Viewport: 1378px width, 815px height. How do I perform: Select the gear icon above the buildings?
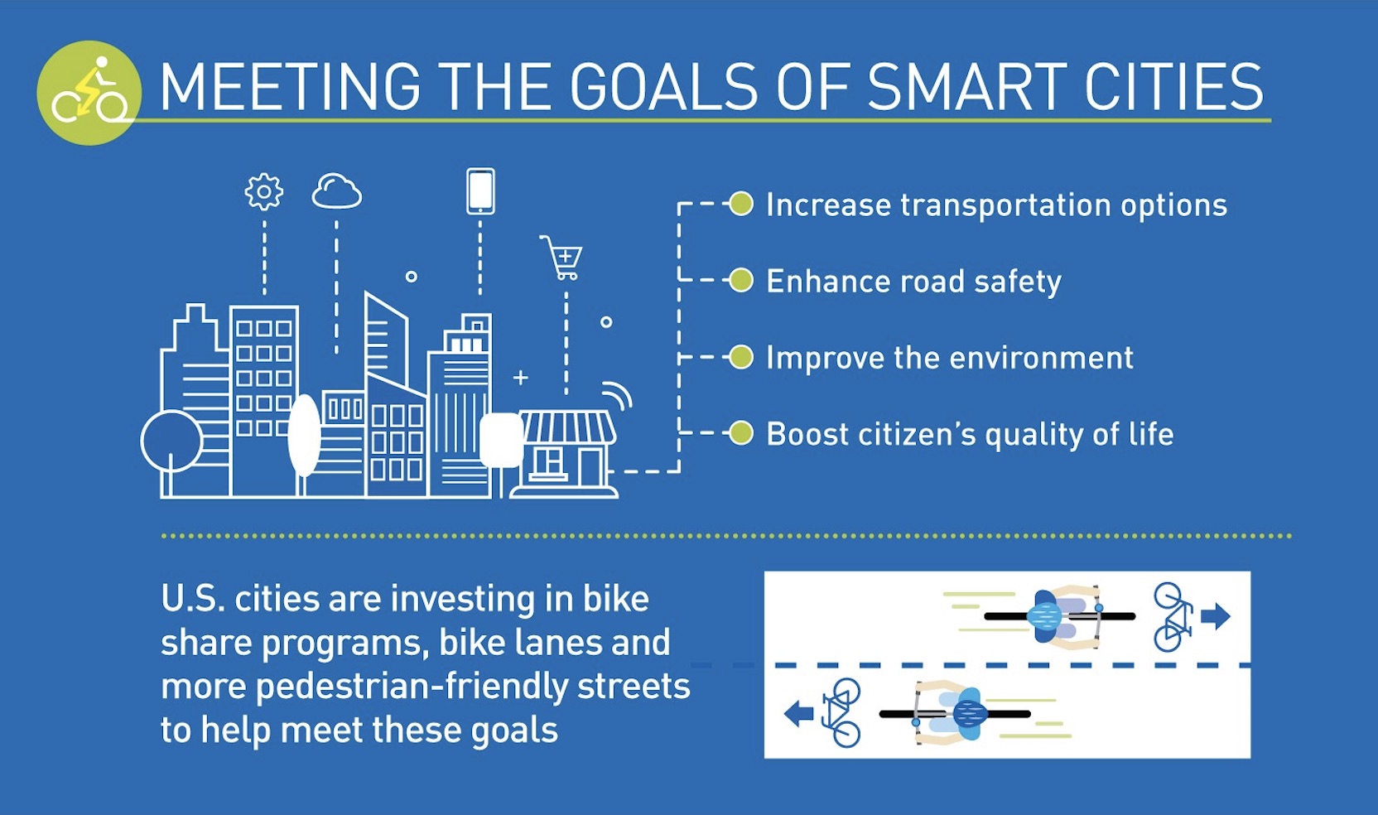pyautogui.click(x=264, y=192)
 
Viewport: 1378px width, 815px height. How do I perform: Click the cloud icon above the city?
pyautogui.click(x=336, y=191)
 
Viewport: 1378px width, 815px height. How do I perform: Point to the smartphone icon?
pyautogui.click(x=480, y=191)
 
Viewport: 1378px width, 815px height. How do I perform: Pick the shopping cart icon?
pyautogui.click(x=561, y=258)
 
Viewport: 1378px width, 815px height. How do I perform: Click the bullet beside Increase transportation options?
pyautogui.click(x=741, y=204)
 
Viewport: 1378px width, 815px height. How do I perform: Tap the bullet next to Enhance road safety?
pyautogui.click(x=741, y=281)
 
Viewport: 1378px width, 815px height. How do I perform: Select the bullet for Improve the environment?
pyautogui.click(x=741, y=357)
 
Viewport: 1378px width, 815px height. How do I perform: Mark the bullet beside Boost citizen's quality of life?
pyautogui.click(x=741, y=433)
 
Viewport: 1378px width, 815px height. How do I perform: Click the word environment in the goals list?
pyautogui.click(x=1042, y=359)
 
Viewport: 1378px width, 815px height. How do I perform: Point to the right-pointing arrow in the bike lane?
pyautogui.click(x=1216, y=616)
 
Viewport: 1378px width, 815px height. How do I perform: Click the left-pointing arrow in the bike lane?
pyautogui.click(x=798, y=713)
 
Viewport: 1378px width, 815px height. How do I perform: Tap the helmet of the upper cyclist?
pyautogui.click(x=1044, y=615)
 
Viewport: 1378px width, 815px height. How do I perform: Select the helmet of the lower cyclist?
pyautogui.click(x=971, y=714)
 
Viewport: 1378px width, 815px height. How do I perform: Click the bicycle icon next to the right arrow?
pyautogui.click(x=1173, y=617)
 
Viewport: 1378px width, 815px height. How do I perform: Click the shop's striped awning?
pyautogui.click(x=567, y=427)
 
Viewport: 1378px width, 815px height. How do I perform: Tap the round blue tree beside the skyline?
pyautogui.click(x=171, y=441)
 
